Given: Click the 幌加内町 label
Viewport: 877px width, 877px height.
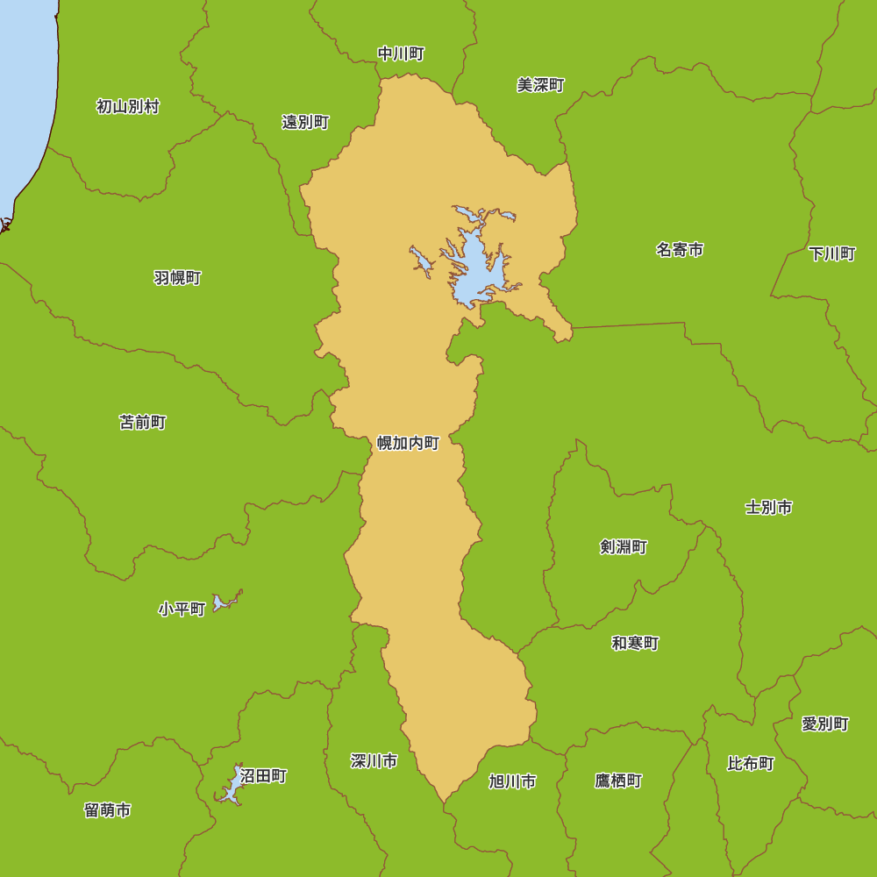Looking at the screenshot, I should click(x=408, y=443).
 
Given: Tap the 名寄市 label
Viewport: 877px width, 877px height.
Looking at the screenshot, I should click(x=680, y=250).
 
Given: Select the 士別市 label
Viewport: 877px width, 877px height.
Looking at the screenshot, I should click(x=769, y=507).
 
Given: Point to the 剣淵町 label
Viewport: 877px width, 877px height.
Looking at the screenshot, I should click(x=624, y=547).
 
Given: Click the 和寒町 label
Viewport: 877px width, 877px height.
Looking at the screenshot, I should click(x=635, y=643).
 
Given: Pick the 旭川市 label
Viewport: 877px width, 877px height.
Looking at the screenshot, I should click(x=512, y=781).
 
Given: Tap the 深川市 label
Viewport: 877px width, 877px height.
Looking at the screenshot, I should click(x=374, y=760).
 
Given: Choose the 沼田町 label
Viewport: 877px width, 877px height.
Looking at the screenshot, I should click(x=263, y=776).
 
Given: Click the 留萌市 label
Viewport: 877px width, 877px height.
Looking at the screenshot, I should click(x=108, y=810).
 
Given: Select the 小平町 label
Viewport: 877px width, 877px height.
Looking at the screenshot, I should click(x=182, y=609).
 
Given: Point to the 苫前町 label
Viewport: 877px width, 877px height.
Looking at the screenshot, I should click(x=143, y=423).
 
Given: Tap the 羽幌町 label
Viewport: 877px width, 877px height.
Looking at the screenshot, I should click(x=177, y=278).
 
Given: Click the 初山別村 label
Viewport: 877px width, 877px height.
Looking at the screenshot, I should click(x=128, y=107).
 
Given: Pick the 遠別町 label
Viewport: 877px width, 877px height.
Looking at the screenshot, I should click(x=305, y=122).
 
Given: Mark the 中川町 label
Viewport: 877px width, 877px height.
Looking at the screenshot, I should click(x=401, y=54).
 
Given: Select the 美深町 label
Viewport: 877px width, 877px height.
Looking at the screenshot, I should click(x=540, y=85).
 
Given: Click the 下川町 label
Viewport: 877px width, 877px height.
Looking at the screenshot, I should click(x=832, y=253).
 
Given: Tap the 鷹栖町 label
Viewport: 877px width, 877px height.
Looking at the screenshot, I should click(x=618, y=781).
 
